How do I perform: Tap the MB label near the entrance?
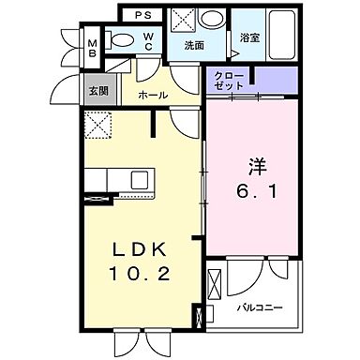[x=94, y=49]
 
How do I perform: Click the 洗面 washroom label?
[x=194, y=45]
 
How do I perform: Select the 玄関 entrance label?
[x=97, y=92]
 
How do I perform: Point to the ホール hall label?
[x=153, y=95]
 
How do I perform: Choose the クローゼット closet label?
[x=230, y=81]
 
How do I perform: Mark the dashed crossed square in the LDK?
[x=97, y=124]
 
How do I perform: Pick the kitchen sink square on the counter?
[x=138, y=178]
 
